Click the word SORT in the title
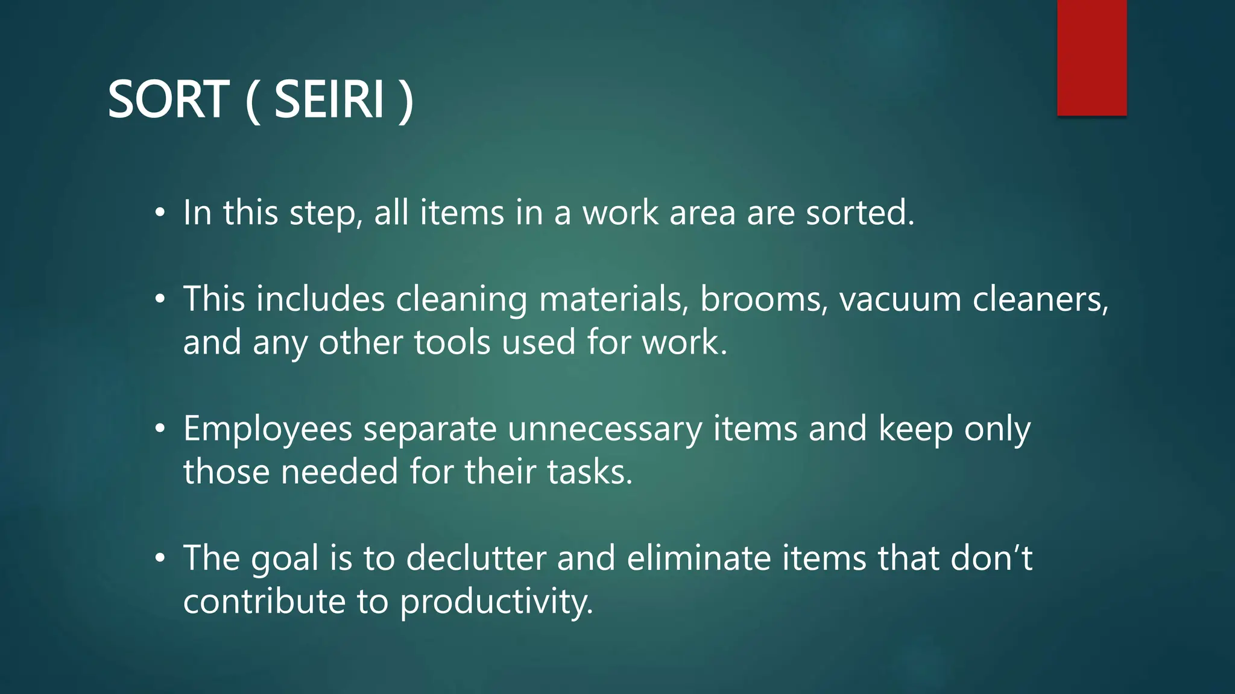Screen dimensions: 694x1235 tap(168, 99)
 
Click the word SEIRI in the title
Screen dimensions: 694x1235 tap(329, 99)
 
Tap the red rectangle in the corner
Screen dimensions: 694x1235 tap(1091, 57)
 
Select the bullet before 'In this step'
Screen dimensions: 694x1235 tap(159, 213)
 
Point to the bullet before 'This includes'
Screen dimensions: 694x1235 tap(159, 299)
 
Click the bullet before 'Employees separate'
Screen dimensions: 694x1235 tap(159, 429)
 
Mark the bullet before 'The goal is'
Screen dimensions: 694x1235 tap(159, 558)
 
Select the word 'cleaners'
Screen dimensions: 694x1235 tap(1040, 299)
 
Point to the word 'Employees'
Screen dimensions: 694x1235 tap(268, 429)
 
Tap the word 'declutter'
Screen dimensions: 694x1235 tap(476, 558)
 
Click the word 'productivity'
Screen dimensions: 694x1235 tap(496, 602)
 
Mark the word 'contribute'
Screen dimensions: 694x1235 tap(264, 602)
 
